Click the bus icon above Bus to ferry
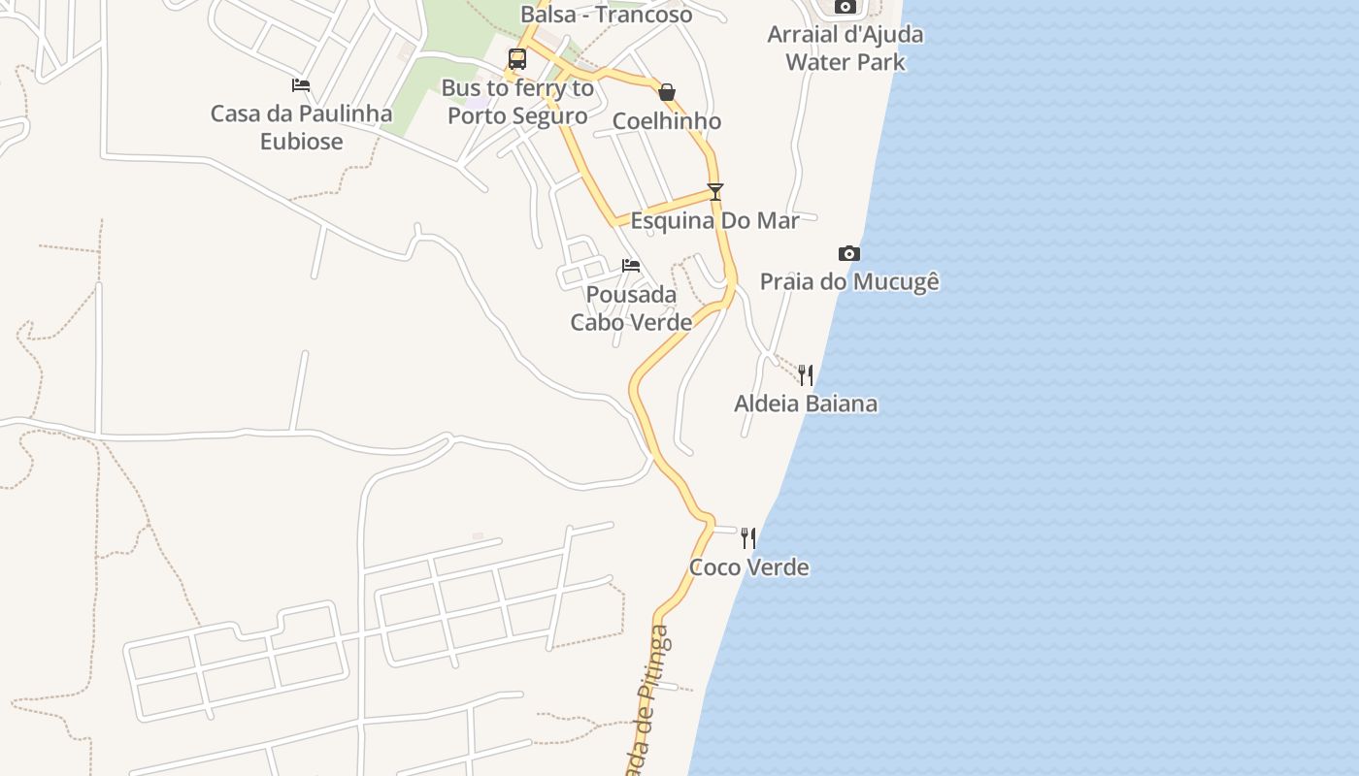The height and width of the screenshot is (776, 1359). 517,59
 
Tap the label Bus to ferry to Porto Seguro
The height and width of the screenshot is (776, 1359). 517,102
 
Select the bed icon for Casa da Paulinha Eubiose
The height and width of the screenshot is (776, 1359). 301,85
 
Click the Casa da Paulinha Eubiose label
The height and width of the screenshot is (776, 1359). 302,127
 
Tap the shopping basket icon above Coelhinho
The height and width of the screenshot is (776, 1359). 667,93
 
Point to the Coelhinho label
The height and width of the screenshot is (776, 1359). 667,121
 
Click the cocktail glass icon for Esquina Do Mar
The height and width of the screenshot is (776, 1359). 715,192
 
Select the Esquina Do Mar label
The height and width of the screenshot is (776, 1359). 715,221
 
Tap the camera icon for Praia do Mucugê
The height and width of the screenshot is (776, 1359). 849,254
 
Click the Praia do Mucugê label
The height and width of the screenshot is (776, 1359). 849,282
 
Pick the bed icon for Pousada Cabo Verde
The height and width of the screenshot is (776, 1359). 631,266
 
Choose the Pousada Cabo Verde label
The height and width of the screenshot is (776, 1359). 631,308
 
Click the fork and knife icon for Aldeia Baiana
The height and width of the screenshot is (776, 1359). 806,375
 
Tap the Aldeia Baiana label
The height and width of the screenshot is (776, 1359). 806,404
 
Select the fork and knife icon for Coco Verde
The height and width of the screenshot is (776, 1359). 748,538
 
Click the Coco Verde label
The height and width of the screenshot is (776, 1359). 748,567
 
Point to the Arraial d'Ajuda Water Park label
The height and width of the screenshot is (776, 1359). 845,48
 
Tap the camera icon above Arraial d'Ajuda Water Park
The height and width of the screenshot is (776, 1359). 845,7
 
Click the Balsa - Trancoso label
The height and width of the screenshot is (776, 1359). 607,15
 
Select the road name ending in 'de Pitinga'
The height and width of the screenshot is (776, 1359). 649,703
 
